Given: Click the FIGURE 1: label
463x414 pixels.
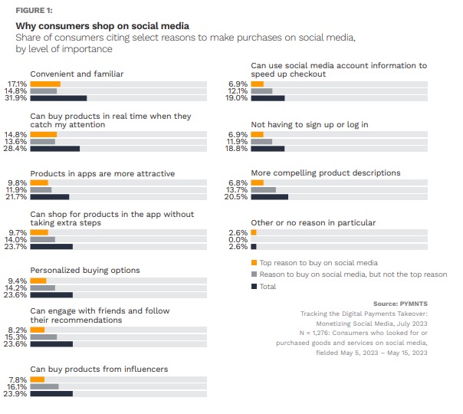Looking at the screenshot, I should click(34, 10).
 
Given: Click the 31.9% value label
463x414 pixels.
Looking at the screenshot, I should click(17, 98).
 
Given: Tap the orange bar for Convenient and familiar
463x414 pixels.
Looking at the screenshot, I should click(44, 83).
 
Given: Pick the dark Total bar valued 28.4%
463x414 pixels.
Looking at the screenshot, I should click(54, 149).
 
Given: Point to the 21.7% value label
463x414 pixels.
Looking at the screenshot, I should click(17, 197).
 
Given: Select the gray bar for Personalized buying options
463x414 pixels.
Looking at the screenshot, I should click(42, 287).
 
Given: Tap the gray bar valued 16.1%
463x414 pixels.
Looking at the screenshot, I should click(44, 386).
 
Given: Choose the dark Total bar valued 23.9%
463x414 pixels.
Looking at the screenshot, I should click(51, 394).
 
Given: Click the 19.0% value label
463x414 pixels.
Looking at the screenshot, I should click(238, 98).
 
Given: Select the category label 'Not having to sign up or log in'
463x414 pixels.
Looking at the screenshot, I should click(310, 124).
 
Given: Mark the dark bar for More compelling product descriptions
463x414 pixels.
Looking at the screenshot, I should click(269, 197).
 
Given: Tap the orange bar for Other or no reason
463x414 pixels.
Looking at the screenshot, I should click(254, 232).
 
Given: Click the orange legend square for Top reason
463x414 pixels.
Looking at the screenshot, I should click(254, 262).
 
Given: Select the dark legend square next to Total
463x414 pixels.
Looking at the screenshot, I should click(254, 286).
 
